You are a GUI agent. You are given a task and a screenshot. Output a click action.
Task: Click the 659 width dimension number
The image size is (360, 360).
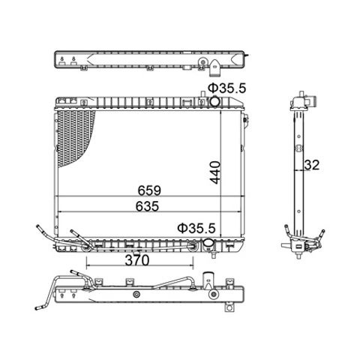coord(149,190)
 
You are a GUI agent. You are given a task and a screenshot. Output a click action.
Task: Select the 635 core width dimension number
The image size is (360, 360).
coord(147,206)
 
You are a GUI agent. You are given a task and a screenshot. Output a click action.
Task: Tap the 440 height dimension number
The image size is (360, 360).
coord(215,172)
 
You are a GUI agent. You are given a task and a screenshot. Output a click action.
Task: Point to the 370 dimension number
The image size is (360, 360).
coord(137,260)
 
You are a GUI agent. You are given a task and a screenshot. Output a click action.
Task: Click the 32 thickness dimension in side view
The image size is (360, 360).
coord(312,165)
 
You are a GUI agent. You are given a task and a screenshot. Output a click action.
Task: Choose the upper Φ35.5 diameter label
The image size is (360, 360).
coord(227,88)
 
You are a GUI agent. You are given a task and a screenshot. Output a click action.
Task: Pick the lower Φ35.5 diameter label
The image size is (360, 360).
coord(196,228)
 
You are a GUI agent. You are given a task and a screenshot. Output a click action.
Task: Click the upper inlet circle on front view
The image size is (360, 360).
coord(214,101)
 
